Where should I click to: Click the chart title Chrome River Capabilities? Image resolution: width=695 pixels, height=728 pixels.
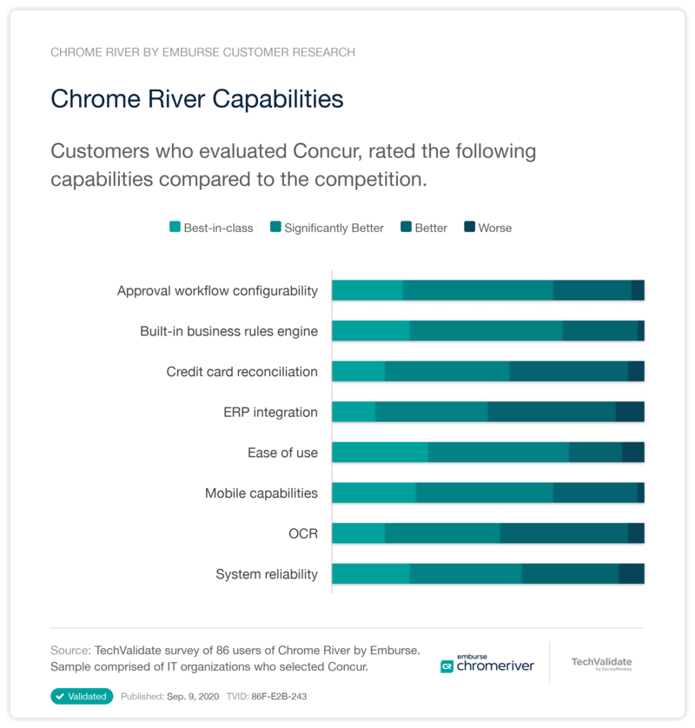pos(197,98)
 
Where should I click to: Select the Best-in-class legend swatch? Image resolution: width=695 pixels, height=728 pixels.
pos(175,228)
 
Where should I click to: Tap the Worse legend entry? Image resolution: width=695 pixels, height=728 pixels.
pos(487,228)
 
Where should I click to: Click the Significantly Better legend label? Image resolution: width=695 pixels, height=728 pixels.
pos(334,228)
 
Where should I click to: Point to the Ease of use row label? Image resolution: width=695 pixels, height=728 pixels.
pos(282,453)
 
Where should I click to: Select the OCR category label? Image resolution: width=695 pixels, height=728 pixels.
pos(303,533)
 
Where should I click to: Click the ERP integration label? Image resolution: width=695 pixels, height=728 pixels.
pos(270,412)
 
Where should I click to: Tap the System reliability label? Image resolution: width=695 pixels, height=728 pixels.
pos(267,574)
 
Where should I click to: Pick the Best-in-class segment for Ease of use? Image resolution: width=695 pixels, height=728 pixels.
pos(380,452)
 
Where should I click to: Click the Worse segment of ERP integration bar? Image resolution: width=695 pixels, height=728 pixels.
pos(630,412)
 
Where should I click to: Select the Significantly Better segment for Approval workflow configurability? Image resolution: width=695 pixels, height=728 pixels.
pos(478,290)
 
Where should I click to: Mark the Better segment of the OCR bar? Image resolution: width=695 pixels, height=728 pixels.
pos(564,533)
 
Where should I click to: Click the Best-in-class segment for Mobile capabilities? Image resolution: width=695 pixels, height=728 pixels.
pos(374,493)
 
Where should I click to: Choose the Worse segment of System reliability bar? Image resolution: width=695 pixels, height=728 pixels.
pos(631,573)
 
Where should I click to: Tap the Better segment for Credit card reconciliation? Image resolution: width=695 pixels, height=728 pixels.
pos(568,371)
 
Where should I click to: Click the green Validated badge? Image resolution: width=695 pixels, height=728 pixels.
pos(82,696)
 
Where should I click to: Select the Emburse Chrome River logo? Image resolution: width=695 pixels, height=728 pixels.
pos(487,663)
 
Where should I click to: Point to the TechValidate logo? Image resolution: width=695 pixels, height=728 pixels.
pos(601,664)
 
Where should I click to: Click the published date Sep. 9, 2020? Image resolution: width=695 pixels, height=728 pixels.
pos(189,696)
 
